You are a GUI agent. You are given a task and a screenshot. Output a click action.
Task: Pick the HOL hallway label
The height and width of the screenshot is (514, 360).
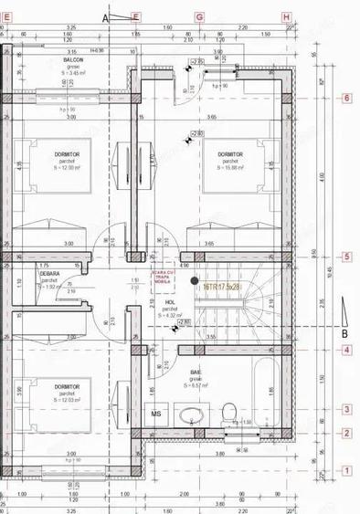[169, 303]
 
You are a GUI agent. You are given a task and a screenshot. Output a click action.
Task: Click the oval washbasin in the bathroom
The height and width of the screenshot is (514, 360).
[191, 416]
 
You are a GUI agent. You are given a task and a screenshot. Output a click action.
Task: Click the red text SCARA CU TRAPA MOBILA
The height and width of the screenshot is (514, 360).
[162, 281]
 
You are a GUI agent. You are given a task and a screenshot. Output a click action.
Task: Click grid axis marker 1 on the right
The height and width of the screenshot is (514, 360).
[346, 470]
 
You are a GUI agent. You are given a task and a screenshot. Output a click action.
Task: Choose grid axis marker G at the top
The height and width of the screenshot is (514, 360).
[199, 16]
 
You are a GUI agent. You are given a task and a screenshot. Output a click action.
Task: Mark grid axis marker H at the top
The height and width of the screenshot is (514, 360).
[286, 16]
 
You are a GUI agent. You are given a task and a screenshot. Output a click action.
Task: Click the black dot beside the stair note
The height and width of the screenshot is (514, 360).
[194, 281]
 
